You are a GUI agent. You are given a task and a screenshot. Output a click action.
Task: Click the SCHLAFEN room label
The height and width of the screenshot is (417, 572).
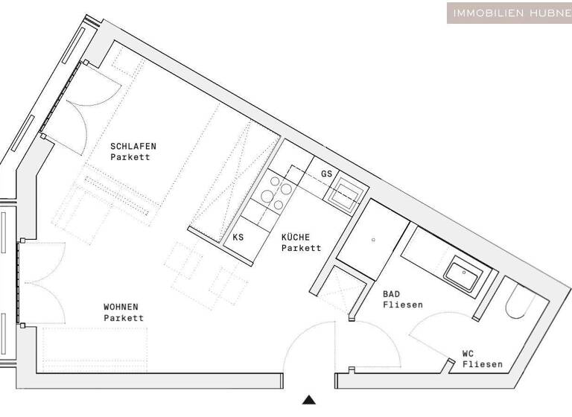pos(133,146)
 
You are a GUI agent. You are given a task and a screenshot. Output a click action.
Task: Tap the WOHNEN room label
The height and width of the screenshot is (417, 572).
pos(121,307)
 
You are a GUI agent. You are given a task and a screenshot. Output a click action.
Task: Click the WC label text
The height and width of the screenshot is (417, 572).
pos(469,354)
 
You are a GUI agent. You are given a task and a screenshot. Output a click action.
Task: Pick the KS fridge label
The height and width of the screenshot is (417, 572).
pos(238,238)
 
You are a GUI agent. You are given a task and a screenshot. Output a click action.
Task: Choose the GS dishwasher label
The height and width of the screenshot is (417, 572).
pos(326,174)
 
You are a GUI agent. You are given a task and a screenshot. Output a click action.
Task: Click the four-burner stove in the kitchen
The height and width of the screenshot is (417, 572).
pos(275,193)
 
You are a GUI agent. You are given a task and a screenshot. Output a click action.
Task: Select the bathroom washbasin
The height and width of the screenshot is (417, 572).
pos(463,273)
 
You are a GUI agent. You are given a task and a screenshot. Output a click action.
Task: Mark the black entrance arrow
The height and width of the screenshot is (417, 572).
pos(309,400)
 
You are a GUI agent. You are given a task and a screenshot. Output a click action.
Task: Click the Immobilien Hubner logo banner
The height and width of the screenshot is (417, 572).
pos(509,13)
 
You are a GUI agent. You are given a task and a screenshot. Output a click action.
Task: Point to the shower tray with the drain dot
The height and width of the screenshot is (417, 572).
pos(372,238)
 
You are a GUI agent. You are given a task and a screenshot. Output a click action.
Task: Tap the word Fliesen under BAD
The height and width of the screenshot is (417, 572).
pos(403,305)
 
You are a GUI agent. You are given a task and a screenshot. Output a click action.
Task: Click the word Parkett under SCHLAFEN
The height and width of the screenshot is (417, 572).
pos(130,157)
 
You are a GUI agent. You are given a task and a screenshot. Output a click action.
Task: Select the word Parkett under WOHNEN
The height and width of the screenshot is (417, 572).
pos(124,318)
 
